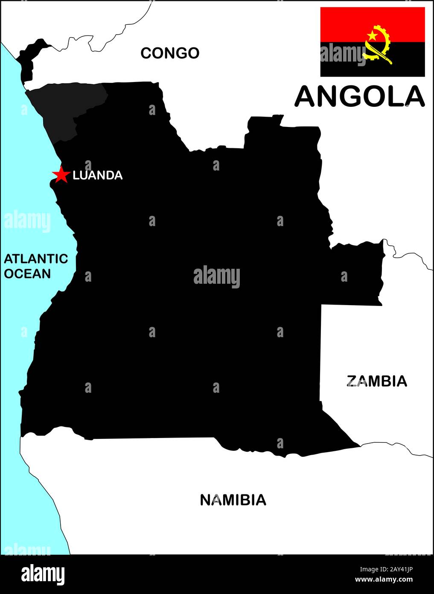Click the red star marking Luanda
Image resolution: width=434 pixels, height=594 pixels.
pyautogui.click(x=61, y=174)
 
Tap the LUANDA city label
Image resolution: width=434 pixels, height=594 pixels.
pyautogui.click(x=98, y=175)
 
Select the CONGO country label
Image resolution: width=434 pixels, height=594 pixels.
pyautogui.click(x=170, y=53)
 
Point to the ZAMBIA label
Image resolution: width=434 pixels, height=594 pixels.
pyautogui.click(x=376, y=381)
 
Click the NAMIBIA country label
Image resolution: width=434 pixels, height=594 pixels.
pyautogui.click(x=233, y=500)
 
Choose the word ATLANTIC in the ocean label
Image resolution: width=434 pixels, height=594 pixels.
pyautogui.click(x=36, y=259)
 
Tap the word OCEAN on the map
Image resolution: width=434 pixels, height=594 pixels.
pyautogui.click(x=27, y=273)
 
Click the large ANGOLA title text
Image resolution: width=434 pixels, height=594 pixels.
pyautogui.click(x=360, y=97)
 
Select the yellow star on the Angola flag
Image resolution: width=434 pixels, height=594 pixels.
pyautogui.click(x=373, y=35)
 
